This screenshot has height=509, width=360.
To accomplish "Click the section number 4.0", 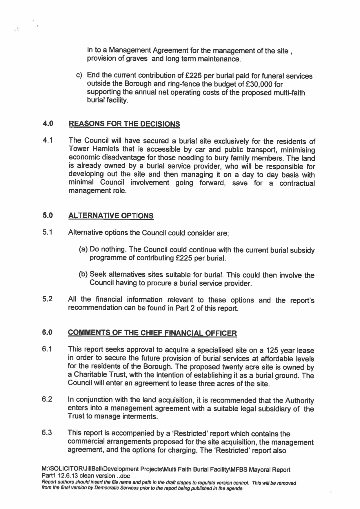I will click(x=48, y=124).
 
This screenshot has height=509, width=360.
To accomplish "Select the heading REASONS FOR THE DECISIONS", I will click(x=124, y=124).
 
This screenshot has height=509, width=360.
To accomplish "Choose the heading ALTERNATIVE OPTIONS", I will click(x=110, y=216).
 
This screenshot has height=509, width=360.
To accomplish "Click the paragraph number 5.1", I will click(x=47, y=232).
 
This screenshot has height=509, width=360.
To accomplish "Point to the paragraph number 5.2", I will click(x=47, y=299).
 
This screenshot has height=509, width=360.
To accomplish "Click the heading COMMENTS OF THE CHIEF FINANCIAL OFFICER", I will click(x=152, y=333).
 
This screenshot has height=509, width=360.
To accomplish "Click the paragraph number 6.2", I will click(x=47, y=399).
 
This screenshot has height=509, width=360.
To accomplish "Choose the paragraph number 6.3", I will click(x=47, y=433).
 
